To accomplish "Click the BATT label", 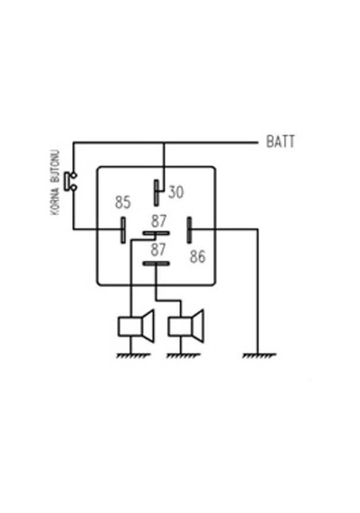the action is [x=280, y=141].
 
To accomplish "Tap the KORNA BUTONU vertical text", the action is [x=56, y=183].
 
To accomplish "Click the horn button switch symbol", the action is [x=70, y=181].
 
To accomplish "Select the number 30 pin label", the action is [x=176, y=192].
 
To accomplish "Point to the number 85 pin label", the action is [x=122, y=202].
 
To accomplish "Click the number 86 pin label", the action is [x=198, y=256].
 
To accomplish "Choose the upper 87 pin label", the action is [x=158, y=221].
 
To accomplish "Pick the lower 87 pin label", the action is [x=158, y=249].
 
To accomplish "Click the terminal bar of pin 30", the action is [x=157, y=193].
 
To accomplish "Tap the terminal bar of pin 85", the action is [x=123, y=230].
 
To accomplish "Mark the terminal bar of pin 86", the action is [x=189, y=230].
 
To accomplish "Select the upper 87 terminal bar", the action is [x=156, y=233].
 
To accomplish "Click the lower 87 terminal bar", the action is [x=156, y=264].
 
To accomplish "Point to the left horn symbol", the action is [x=136, y=326].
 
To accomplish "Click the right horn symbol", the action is [x=186, y=326].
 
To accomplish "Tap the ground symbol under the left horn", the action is [x=133, y=355].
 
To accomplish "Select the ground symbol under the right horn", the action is [x=183, y=355].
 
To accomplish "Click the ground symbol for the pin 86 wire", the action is [x=259, y=355].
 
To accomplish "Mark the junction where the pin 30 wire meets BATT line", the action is [x=164, y=142].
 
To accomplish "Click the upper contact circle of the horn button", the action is [x=74, y=175].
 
